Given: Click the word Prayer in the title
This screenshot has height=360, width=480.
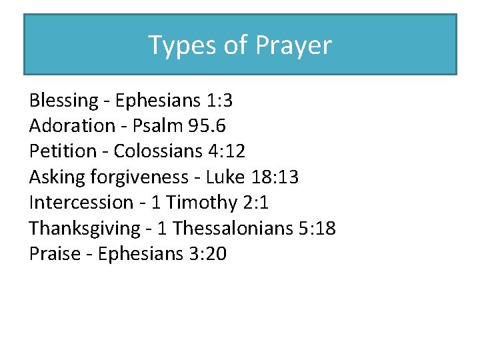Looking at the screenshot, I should tap(294, 46).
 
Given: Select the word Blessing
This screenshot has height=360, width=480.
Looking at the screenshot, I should tap(63, 101).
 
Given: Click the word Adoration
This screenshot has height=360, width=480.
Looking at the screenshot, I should tap(72, 126).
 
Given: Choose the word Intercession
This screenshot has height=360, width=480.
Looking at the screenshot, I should tap(81, 202).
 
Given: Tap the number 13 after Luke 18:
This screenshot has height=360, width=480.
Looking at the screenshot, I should tap(289, 177).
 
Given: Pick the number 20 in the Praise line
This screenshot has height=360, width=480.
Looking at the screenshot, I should tap(216, 253).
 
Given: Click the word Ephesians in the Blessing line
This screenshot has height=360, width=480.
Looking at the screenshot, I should tap(157, 101).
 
